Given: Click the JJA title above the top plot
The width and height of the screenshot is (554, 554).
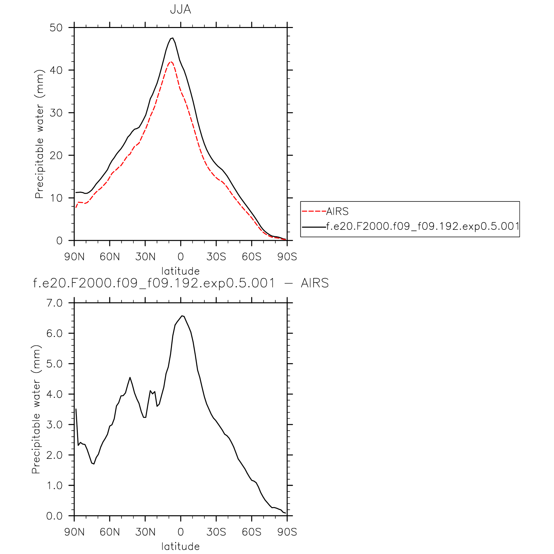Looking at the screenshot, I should pyautogui.click(x=180, y=9).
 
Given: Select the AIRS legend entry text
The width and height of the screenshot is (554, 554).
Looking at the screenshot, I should pyautogui.click(x=337, y=212).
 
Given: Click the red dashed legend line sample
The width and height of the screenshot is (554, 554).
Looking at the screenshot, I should pyautogui.click(x=314, y=212).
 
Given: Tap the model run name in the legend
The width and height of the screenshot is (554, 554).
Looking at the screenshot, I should pyautogui.click(x=422, y=226).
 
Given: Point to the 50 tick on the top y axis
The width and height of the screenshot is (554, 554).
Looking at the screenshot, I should pyautogui.click(x=56, y=28).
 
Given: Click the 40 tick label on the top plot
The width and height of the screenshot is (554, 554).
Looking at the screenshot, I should pyautogui.click(x=56, y=70).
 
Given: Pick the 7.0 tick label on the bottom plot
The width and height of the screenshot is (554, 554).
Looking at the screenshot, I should pyautogui.click(x=54, y=303).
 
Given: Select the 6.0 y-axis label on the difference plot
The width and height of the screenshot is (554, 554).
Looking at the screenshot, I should pyautogui.click(x=54, y=333).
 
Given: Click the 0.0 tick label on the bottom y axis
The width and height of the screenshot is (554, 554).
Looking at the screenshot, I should pyautogui.click(x=54, y=516).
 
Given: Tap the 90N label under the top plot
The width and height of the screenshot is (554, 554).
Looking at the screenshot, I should pyautogui.click(x=74, y=257).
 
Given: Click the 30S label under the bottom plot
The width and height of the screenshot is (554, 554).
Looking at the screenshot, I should pyautogui.click(x=216, y=532).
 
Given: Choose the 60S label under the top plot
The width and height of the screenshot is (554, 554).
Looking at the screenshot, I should pyautogui.click(x=252, y=257).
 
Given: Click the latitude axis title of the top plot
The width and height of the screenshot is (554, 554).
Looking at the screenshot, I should pyautogui.click(x=180, y=271).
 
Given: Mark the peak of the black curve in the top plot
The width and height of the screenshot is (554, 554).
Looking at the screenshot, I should pyautogui.click(x=173, y=38).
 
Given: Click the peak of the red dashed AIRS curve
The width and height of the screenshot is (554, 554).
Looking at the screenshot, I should pyautogui.click(x=171, y=62).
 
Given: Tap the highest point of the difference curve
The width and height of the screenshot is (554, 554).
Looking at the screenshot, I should pyautogui.click(x=182, y=316).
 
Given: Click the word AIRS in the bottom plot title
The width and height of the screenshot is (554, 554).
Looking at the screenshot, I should pyautogui.click(x=315, y=283).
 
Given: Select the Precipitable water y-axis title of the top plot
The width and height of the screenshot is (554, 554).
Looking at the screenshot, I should pyautogui.click(x=39, y=134).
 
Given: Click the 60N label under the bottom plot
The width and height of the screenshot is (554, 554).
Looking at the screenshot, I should pyautogui.click(x=110, y=532).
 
